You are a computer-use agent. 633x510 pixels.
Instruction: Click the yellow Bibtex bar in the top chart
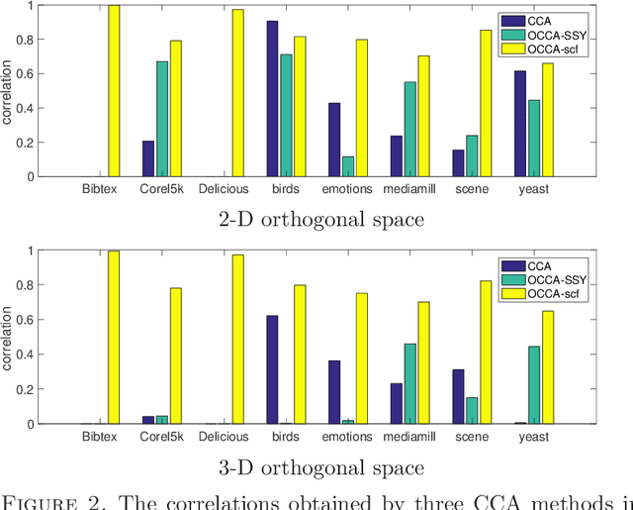click(114, 91)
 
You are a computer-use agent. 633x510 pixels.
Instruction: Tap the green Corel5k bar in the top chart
click(162, 119)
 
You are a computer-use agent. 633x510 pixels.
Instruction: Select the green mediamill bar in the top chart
click(409, 129)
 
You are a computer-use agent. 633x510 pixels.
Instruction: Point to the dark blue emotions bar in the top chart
click(334, 140)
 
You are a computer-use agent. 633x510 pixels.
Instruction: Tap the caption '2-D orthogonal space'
click(320, 219)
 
